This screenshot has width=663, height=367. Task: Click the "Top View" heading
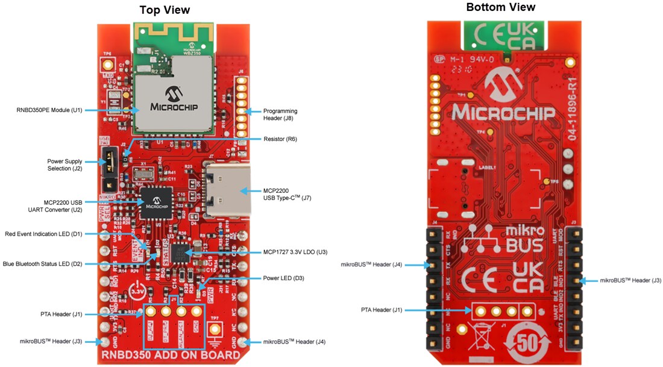(x=165, y=10)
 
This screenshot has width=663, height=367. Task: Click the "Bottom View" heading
(x=500, y=7)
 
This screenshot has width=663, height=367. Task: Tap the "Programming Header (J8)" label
(x=280, y=114)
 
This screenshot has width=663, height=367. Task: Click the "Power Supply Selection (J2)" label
(x=64, y=165)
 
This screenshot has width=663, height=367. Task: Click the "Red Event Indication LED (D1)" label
(x=43, y=234)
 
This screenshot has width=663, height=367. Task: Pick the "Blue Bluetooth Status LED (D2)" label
(x=42, y=263)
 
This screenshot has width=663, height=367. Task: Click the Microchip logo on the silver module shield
(x=175, y=100)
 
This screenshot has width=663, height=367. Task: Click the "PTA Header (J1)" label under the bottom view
(x=382, y=310)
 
